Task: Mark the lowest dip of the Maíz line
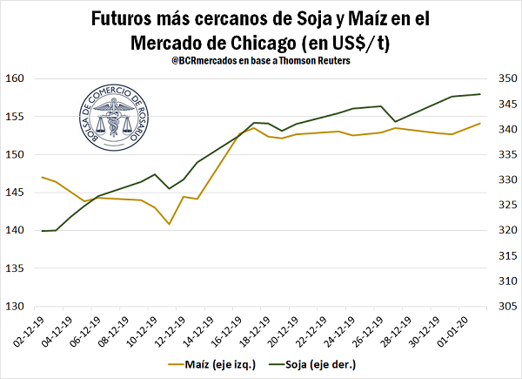pos(169,224)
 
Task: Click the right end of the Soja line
pos(480,94)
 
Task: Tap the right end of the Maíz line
pos(480,123)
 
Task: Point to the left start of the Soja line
pos(42,231)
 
